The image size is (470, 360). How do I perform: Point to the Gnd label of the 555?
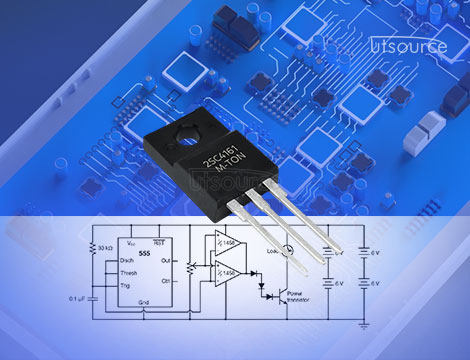pyautogui.click(x=143, y=302)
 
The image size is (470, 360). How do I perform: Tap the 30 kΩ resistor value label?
pyautogui.click(x=103, y=246)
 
